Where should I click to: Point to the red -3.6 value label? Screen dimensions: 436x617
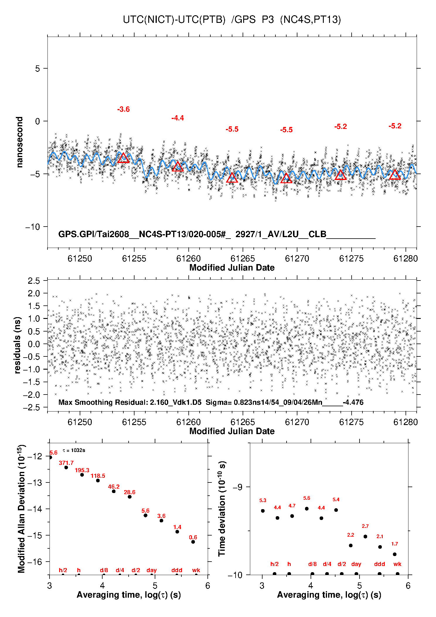coord(123,109)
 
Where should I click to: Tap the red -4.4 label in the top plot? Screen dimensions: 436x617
coord(178,118)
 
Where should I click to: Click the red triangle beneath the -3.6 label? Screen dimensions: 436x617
coord(123,158)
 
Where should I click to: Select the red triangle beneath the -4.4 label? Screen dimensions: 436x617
coord(178,166)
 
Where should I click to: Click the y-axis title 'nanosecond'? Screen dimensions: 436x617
coord(19,142)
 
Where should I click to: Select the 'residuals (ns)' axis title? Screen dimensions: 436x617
coord(18,345)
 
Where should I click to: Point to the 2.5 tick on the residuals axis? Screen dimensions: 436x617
coord(34,281)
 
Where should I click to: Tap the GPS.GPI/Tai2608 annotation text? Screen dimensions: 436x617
coord(93,234)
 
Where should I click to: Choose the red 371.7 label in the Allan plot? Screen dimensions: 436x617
coord(66,463)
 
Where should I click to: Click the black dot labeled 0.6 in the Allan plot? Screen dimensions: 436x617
coord(193,542)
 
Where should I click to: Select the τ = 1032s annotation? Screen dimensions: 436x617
coord(74,450)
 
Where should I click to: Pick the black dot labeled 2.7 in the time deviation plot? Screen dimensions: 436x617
coord(365,536)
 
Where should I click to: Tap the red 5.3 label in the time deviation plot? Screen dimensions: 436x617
coord(263,500)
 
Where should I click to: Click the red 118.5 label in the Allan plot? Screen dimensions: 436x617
coord(98,476)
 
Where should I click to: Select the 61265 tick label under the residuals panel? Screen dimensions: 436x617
coord(243,422)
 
